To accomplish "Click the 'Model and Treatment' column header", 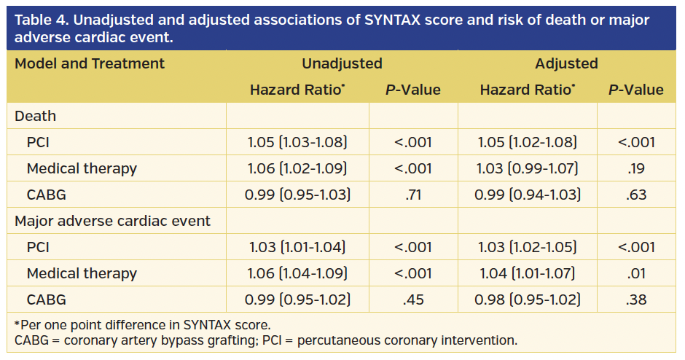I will click(90, 63).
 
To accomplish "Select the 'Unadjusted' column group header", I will click(342, 63).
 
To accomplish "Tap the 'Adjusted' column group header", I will click(566, 63).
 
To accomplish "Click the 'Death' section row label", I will click(36, 116).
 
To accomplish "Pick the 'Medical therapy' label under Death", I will click(82, 168).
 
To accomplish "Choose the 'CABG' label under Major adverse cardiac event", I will click(47, 300).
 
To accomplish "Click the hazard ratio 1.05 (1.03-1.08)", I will click(297, 142).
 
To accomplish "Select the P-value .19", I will click(636, 168).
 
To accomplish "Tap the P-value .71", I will click(412, 195).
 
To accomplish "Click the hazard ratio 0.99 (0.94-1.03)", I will click(528, 195).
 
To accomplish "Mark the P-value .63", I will click(636, 195).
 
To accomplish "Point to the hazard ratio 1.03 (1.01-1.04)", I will click(297, 247).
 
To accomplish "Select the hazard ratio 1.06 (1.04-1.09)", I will click(297, 273).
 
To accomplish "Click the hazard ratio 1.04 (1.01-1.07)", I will click(528, 273).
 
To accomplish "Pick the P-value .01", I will click(636, 273).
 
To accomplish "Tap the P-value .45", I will click(412, 300).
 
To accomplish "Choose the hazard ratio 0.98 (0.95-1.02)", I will click(528, 300).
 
